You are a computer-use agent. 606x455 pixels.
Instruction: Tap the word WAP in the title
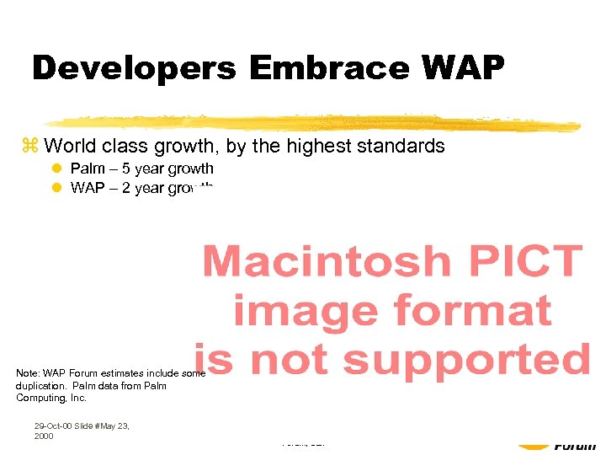pyautogui.click(x=460, y=68)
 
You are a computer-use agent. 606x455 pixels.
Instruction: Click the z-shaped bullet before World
pyautogui.click(x=34, y=147)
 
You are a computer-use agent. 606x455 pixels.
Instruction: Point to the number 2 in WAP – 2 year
pyautogui.click(x=126, y=188)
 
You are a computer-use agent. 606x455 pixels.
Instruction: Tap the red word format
pyautogui.click(x=476, y=311)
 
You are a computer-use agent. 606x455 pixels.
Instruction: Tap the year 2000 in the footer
pyautogui.click(x=44, y=436)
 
